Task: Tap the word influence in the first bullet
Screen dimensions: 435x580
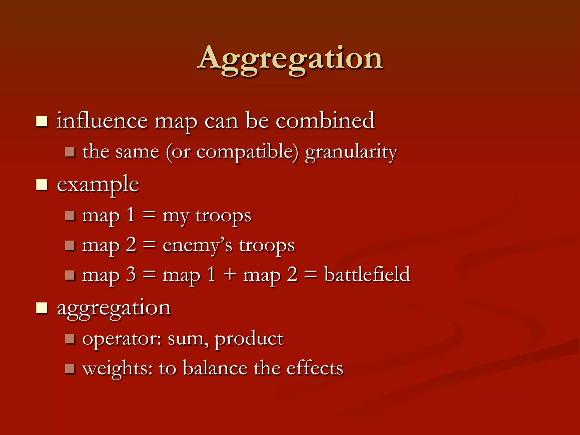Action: (102, 121)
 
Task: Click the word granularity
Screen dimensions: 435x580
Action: (351, 152)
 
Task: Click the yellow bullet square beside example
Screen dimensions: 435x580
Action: (42, 185)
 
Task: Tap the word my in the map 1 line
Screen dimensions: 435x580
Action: (175, 216)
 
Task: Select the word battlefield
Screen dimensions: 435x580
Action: (367, 275)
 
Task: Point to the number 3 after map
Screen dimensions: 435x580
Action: (131, 275)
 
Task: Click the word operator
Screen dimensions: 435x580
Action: (121, 339)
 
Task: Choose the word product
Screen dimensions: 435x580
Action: (249, 339)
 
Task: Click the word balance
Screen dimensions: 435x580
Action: (215, 369)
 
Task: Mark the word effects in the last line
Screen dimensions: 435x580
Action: (315, 369)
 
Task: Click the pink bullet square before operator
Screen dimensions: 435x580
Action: (70, 339)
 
